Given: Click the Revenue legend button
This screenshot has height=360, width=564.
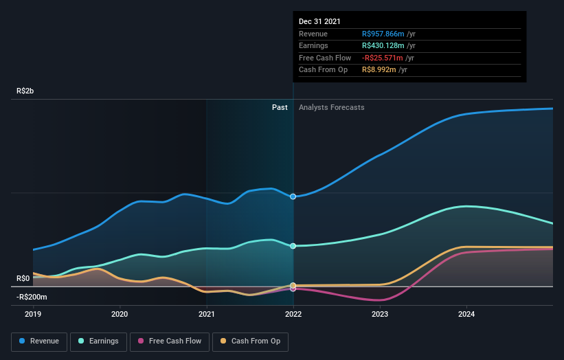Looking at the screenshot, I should point(39,341).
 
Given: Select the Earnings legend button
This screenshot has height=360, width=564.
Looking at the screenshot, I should point(98,341).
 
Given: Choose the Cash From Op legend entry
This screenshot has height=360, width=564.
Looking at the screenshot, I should point(251,341).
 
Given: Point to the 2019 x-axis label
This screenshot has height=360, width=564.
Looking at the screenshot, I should point(33,315).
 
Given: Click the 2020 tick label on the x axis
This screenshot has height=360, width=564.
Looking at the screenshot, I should point(120,315).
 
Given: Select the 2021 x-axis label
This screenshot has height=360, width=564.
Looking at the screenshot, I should point(206,315).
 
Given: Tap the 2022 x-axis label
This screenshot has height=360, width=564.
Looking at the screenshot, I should point(293,315).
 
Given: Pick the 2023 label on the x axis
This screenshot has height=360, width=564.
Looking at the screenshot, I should point(380,315).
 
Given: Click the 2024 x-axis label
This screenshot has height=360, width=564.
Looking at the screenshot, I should point(466,315).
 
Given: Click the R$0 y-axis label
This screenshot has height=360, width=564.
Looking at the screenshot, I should point(23,278).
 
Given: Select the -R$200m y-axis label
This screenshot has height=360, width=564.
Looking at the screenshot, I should point(32,297).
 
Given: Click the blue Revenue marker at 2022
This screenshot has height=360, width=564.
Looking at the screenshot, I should point(293,196).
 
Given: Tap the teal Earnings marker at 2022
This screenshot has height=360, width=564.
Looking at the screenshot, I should point(293,246).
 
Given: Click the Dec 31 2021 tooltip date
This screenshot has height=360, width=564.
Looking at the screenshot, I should point(319,22).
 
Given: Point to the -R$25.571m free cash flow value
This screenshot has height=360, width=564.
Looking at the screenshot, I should point(386,58).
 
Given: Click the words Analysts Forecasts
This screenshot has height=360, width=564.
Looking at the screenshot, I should point(331,107).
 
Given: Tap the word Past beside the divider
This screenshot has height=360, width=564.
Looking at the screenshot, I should point(280,107).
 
